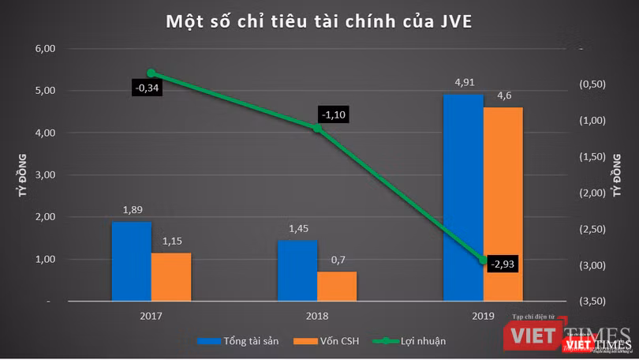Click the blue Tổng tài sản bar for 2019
tap(462, 197)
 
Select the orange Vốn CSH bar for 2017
tap(171, 276)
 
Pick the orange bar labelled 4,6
tap(503, 204)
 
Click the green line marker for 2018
tap(317, 127)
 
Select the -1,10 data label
tap(334, 114)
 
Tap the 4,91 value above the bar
tap(464, 82)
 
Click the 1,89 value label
tap(131, 210)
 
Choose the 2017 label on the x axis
tap(151, 315)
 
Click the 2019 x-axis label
tap(482, 315)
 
